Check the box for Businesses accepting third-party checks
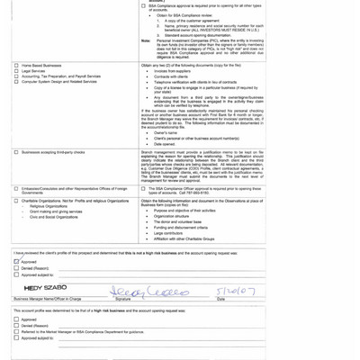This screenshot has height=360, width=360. point(17,152)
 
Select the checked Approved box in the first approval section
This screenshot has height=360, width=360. point(17,261)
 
